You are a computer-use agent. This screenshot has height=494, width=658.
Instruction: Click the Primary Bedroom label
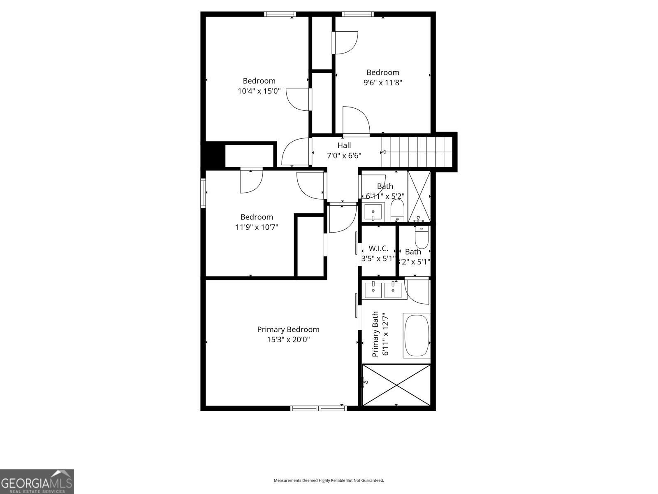click(288, 329)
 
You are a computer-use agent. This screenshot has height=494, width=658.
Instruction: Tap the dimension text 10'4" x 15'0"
click(259, 91)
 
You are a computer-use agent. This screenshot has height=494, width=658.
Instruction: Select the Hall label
click(344, 145)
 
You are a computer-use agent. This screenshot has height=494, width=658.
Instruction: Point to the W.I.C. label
click(378, 248)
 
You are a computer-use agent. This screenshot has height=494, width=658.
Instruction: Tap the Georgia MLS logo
click(37, 481)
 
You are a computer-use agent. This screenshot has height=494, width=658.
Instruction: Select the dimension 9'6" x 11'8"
click(382, 82)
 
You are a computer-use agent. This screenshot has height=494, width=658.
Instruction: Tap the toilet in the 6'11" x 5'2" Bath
click(397, 210)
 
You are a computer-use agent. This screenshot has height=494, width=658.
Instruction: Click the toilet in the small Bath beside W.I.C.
click(422, 238)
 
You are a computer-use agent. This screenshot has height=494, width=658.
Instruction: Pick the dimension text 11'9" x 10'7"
click(257, 227)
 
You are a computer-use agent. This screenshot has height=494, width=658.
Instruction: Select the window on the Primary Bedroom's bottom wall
click(318, 408)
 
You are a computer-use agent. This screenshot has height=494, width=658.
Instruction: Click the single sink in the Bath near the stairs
click(373, 212)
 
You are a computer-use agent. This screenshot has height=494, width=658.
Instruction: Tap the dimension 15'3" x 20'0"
click(288, 340)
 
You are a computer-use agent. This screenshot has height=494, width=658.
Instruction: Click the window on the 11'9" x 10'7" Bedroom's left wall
click(203, 193)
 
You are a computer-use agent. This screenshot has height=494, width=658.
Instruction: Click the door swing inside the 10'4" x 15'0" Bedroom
click(297, 99)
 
